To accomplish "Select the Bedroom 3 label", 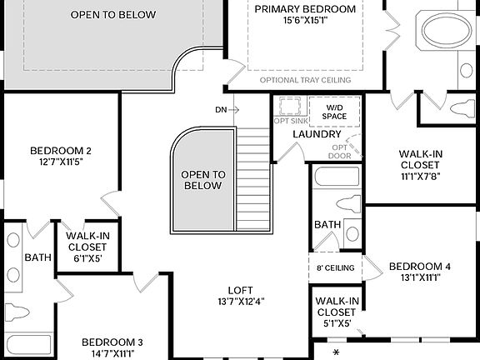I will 112,342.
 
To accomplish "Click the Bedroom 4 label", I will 420,267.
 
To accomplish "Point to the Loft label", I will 240,289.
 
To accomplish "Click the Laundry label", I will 317,134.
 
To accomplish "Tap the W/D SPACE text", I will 334,111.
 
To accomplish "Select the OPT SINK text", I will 289,121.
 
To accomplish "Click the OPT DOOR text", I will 339,151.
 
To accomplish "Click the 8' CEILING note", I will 336,267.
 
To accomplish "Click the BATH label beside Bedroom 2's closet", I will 37,257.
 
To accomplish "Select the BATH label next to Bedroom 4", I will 327,224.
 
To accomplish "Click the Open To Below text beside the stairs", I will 202,180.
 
